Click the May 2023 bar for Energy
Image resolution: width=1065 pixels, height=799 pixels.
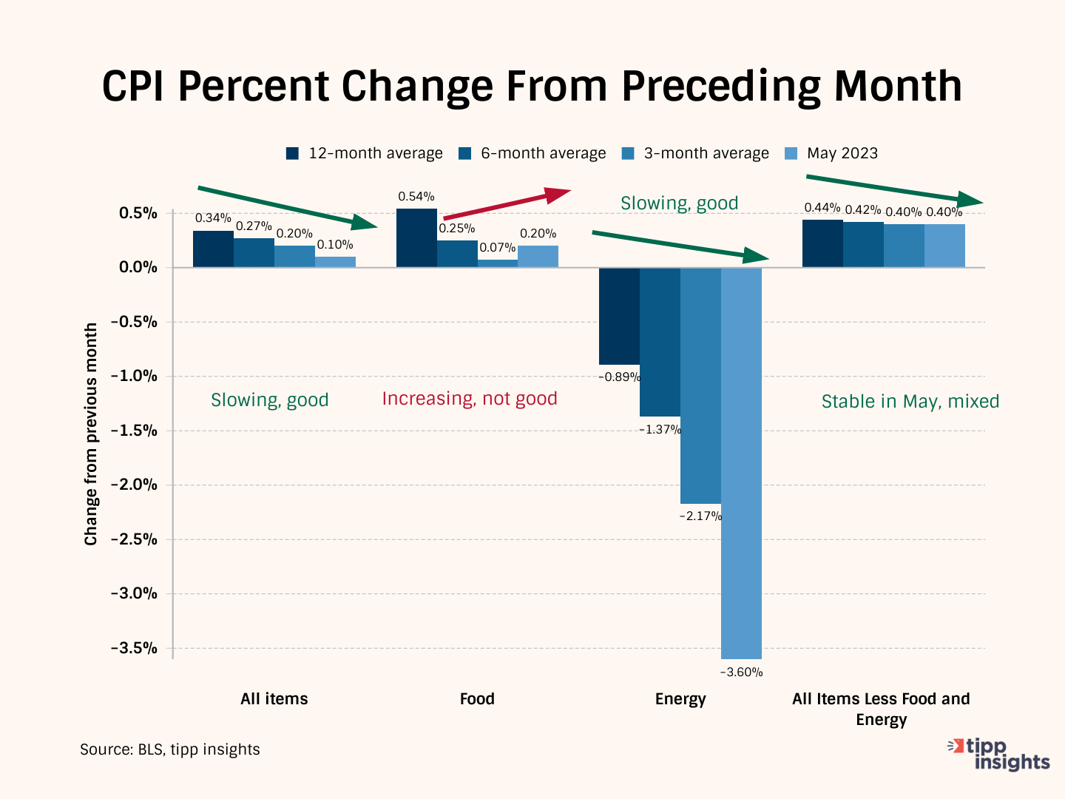click(741, 462)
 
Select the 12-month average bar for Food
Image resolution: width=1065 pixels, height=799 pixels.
click(416, 238)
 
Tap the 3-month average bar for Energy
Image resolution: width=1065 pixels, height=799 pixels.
click(700, 385)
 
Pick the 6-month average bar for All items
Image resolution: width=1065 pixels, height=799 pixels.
click(254, 252)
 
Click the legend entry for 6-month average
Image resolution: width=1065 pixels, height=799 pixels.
click(532, 153)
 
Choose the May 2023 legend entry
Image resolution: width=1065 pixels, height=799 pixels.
click(832, 153)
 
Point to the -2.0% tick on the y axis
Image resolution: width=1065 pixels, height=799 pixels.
click(135, 485)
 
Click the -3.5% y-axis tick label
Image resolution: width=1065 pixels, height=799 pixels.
click(135, 648)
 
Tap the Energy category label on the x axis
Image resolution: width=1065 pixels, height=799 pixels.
click(680, 699)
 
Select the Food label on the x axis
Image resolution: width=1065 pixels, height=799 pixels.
click(477, 699)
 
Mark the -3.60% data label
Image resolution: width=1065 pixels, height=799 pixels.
click(741, 672)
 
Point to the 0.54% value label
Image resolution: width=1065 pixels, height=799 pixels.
click(416, 197)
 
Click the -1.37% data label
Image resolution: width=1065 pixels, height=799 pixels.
click(660, 430)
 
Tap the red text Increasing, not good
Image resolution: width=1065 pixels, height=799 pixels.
click(470, 399)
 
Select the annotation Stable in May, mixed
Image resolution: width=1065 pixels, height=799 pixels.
click(910, 402)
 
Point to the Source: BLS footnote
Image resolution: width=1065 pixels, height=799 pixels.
click(170, 749)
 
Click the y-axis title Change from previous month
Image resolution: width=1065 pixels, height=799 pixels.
click(91, 434)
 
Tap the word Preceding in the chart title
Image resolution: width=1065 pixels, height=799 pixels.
click(721, 87)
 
